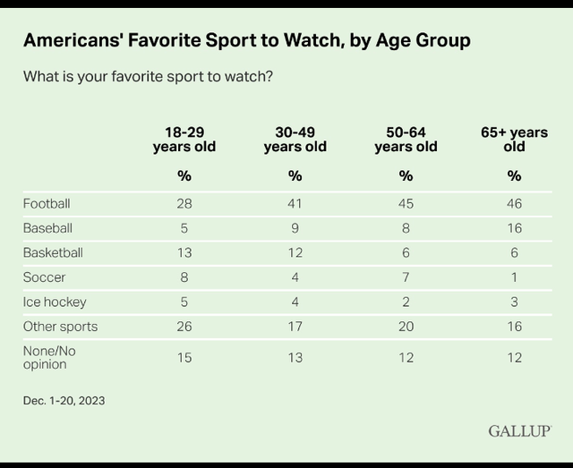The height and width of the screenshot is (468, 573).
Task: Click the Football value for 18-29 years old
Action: coord(184,203)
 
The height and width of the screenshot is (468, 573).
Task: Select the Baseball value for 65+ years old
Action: coord(514,228)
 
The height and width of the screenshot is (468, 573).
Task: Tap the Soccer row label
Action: coord(44,277)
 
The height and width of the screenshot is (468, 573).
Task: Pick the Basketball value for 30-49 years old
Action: coord(295,253)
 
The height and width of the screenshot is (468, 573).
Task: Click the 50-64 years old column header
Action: coord(406,140)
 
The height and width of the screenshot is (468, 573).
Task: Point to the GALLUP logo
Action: coord(519,431)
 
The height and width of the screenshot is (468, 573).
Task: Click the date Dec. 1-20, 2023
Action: coord(64,400)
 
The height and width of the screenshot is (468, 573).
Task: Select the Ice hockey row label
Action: coord(55,302)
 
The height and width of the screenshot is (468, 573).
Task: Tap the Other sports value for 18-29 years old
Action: coord(184,327)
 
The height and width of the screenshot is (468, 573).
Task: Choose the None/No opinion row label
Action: coord(49,357)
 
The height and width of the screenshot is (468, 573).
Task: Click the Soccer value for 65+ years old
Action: coord(514,277)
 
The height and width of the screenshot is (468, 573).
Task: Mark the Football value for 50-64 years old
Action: coord(406,203)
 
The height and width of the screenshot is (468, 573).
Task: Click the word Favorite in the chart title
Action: coord(165,40)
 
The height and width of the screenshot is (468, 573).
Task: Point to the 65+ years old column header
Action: coord(514,140)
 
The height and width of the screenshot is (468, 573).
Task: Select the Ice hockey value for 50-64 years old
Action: coord(406,302)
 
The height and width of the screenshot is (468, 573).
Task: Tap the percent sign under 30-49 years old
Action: coord(295,176)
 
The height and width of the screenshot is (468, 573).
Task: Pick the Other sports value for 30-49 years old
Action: coord(295,327)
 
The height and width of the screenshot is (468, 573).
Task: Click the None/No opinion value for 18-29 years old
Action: coord(184,357)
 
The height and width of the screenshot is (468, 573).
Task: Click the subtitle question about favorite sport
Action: coord(148,77)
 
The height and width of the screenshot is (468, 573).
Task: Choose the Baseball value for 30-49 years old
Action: coord(295,228)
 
